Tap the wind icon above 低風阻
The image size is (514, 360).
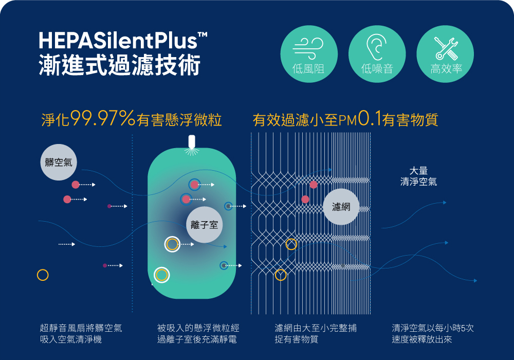tap(308, 46)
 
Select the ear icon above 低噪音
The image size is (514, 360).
tap(377, 46)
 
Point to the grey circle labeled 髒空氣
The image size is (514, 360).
tap(58, 163)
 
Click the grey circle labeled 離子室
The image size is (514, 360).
tap(205, 225)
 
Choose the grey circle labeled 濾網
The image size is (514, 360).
tap(341, 207)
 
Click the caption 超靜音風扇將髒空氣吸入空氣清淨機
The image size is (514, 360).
tap(81, 333)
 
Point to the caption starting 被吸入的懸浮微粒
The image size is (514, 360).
tap(198, 333)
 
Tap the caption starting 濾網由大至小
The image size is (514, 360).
tap(316, 333)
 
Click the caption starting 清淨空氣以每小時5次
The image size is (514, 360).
tap(433, 333)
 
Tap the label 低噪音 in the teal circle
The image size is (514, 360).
tap(377, 69)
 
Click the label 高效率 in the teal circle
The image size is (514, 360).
tap(446, 69)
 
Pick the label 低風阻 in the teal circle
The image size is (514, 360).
tap(308, 69)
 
